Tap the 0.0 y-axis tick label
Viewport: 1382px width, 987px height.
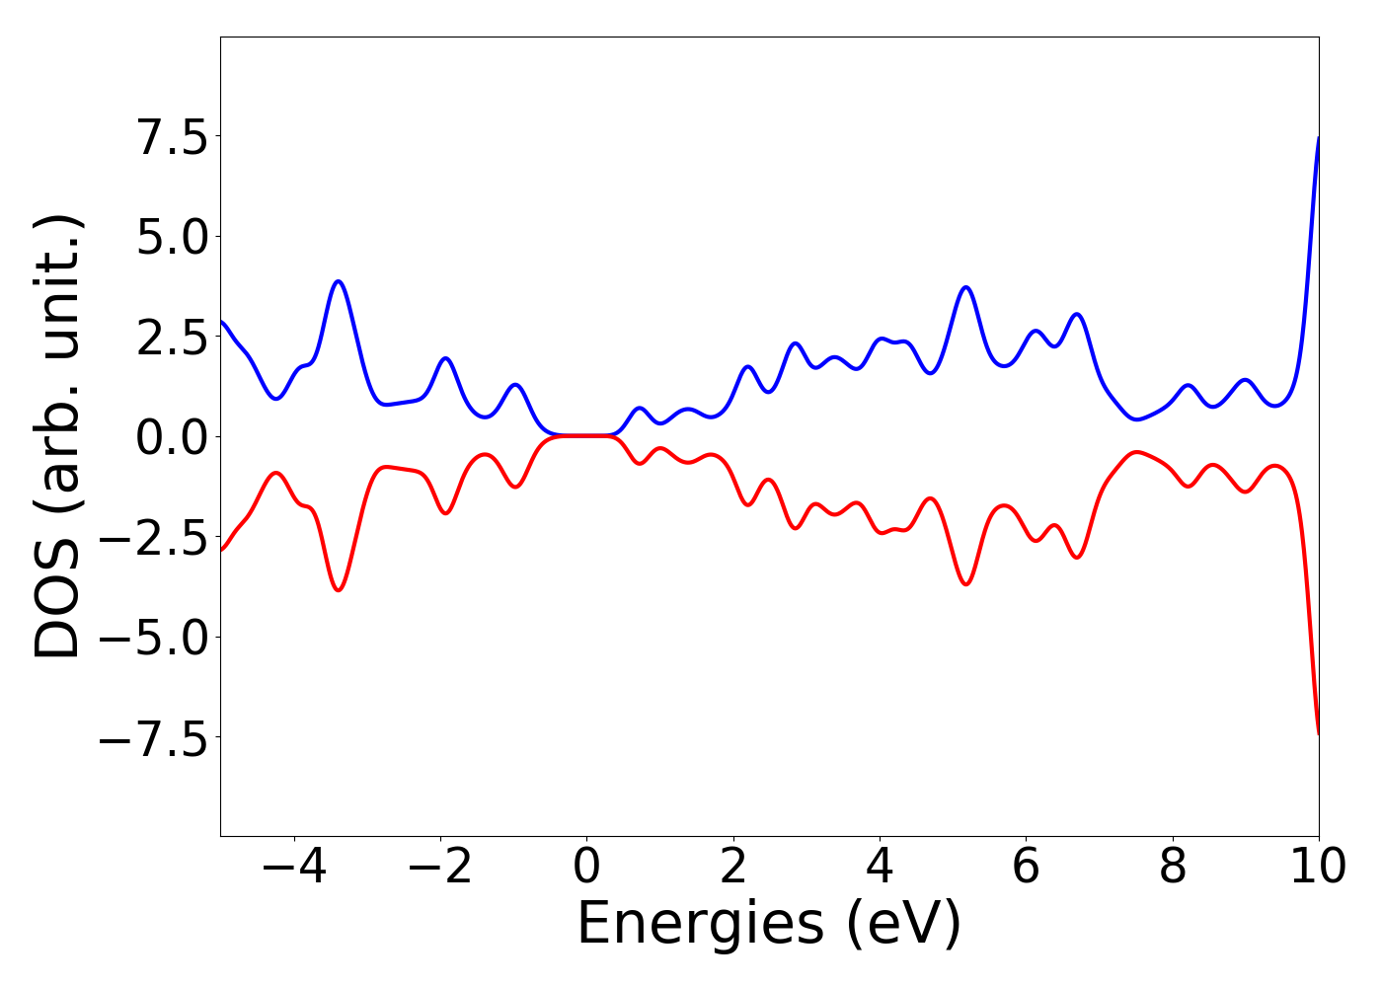[172, 437]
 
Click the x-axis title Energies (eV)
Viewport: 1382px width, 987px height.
[769, 925]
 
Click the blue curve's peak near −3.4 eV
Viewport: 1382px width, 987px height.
[339, 281]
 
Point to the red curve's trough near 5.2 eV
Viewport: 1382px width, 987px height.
[966, 584]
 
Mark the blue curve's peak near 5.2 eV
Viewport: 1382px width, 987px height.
[966, 287]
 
